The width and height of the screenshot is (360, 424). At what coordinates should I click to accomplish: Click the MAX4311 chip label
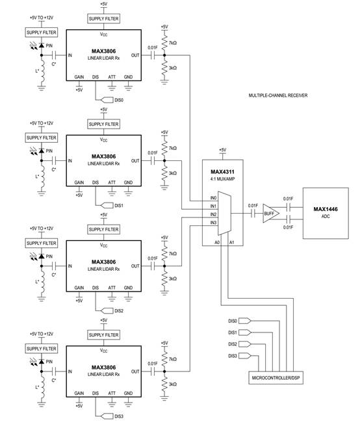click(222, 171)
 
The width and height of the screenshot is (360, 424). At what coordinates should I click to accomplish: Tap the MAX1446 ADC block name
click(326, 209)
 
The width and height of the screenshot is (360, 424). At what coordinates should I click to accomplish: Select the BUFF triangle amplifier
click(271, 214)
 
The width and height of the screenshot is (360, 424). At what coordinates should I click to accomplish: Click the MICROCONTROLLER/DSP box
click(276, 378)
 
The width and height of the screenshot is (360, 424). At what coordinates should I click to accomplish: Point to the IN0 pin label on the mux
click(214, 198)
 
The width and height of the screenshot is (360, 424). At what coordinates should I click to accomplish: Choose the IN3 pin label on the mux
click(214, 223)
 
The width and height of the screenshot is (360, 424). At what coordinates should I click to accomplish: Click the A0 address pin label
click(217, 242)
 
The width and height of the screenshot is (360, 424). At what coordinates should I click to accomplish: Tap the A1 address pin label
click(232, 242)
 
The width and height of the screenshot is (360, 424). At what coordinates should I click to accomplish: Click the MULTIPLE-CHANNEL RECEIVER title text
click(278, 95)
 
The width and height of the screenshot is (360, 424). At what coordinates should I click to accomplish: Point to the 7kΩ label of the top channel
click(173, 43)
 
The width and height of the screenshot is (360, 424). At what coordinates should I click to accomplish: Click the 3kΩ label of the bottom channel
click(173, 384)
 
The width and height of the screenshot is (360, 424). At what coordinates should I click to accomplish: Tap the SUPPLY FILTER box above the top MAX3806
click(104, 19)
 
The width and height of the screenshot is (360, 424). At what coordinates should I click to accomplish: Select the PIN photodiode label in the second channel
click(49, 151)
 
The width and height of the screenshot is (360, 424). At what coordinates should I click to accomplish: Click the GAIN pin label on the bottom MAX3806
click(79, 393)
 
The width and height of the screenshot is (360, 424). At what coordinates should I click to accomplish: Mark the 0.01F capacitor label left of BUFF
click(253, 206)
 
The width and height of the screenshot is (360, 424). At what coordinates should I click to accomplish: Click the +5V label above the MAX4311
click(222, 150)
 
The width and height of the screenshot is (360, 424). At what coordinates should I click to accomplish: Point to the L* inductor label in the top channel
click(37, 71)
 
